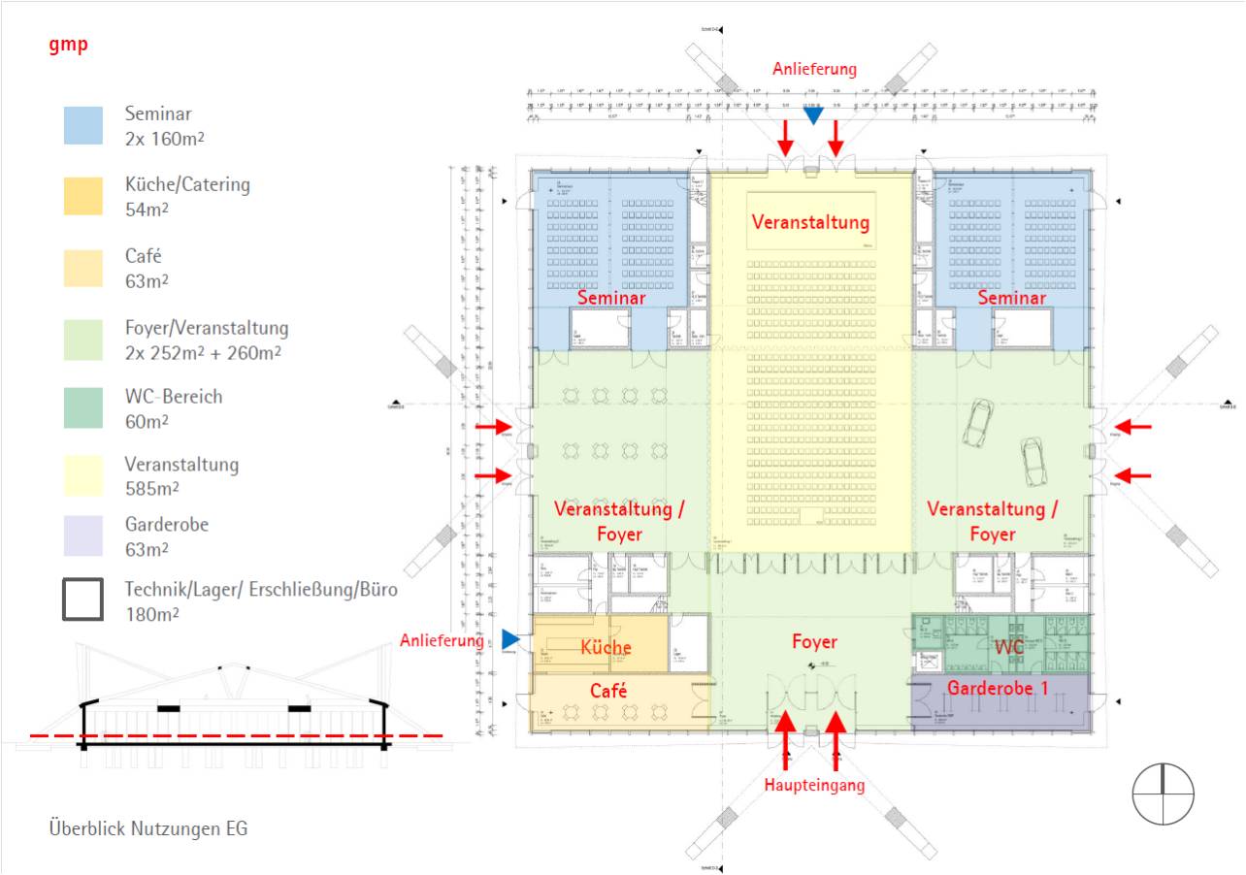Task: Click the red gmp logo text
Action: point(68,45)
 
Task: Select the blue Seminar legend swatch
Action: point(83,125)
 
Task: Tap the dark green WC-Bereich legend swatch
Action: point(83,408)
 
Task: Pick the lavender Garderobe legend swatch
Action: point(83,536)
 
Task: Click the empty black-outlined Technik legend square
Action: point(83,600)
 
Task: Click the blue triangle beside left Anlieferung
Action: point(510,638)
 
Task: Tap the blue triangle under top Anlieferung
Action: point(813,115)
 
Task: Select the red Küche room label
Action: point(606,648)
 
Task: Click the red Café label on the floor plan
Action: point(608,691)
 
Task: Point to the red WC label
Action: point(1010,645)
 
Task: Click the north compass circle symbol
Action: point(1163,794)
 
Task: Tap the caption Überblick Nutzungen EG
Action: point(148,829)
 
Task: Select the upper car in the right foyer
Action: point(976,423)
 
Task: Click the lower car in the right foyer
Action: point(1033,461)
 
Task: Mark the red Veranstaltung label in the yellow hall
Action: point(811,222)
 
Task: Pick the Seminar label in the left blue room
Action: point(611,299)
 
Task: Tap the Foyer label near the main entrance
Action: point(813,641)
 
